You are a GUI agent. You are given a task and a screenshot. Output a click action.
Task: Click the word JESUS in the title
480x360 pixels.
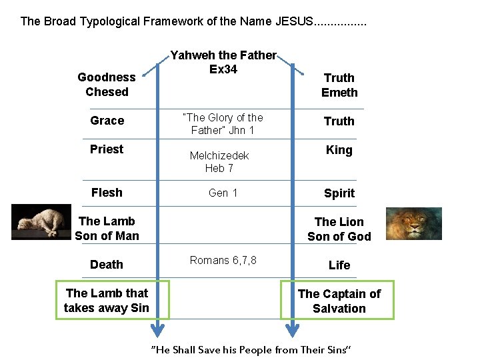(293, 21)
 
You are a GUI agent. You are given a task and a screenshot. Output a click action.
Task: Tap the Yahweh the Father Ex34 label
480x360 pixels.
(223, 62)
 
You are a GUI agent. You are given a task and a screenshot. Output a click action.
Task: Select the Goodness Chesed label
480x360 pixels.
(107, 85)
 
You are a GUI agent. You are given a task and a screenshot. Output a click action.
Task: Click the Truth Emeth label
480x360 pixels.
(339, 85)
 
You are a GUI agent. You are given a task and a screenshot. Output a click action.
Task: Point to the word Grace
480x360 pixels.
(107, 121)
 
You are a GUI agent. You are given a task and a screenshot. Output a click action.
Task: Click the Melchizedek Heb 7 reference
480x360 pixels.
(219, 161)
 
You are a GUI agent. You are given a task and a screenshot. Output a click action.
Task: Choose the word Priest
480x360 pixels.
(107, 149)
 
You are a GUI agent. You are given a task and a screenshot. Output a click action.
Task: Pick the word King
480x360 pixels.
(339, 150)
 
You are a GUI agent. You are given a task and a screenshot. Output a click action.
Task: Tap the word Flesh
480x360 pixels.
(107, 193)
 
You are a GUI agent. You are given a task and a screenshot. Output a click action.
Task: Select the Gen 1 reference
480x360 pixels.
(223, 193)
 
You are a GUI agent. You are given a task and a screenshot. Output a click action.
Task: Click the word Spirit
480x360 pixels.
(339, 193)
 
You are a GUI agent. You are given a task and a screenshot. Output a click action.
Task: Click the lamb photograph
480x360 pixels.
(41, 221)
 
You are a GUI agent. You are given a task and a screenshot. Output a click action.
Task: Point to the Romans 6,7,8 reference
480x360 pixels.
(223, 260)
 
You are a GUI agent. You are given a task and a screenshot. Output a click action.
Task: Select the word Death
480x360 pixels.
(107, 265)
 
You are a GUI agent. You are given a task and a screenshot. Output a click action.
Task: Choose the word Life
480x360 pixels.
(339, 265)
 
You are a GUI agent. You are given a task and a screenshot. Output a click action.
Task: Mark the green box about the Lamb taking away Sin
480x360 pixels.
(112, 300)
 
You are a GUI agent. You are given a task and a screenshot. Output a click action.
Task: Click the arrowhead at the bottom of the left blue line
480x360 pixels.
(157, 330)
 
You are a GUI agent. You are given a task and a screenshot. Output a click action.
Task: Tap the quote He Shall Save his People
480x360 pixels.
(251, 350)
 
